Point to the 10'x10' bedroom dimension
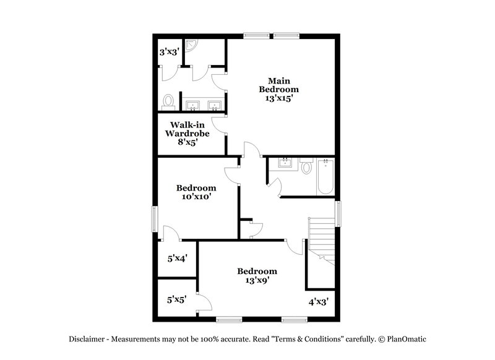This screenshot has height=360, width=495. [196, 197]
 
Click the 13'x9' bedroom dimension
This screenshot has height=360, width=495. [257, 280]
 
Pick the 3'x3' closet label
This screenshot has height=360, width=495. [168, 53]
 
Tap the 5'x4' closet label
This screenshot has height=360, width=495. [177, 259]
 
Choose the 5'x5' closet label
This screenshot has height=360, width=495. [176, 300]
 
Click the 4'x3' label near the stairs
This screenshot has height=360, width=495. [318, 302]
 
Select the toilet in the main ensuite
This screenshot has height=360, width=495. [168, 101]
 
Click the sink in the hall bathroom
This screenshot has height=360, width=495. [285, 163]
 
